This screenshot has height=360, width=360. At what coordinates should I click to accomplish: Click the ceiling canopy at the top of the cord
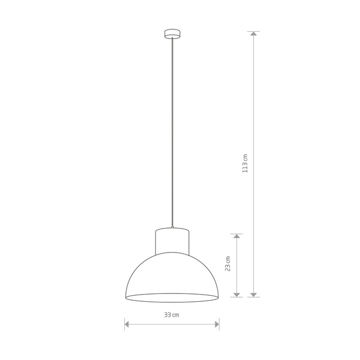[172, 34]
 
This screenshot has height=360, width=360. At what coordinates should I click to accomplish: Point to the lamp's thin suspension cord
[172, 132]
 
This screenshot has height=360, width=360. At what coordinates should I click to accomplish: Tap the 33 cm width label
[172, 315]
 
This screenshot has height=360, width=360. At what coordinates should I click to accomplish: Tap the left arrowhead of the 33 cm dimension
[128, 325]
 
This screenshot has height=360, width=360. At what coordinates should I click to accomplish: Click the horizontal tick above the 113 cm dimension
[254, 31]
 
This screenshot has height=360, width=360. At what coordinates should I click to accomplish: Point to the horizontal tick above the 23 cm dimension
[238, 234]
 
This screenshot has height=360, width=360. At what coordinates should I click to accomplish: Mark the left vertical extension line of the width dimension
[125, 324]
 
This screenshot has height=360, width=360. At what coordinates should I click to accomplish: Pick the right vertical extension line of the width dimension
[219, 324]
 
